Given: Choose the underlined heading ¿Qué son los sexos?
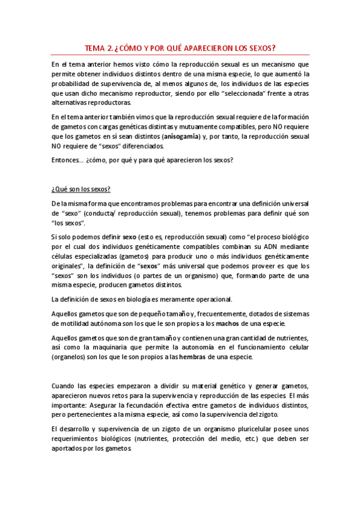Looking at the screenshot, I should pos(81,189).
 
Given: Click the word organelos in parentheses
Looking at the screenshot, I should pos(71,357).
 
